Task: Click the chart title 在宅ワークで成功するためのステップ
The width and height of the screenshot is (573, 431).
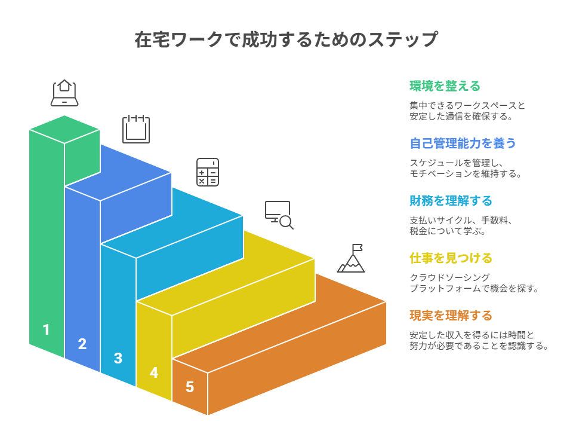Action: [286, 40]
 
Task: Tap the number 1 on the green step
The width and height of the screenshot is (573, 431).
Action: [47, 329]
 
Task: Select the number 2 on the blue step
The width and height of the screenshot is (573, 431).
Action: [82, 344]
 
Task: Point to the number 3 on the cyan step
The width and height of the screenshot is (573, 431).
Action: [118, 358]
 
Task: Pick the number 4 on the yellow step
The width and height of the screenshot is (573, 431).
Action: [154, 372]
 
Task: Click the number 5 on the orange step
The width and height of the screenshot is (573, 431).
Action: [190, 387]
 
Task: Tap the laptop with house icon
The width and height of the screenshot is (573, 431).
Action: [64, 93]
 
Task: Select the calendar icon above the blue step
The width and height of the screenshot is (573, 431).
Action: [136, 129]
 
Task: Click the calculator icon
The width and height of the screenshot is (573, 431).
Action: [208, 172]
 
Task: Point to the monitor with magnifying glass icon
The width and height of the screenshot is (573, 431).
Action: [279, 215]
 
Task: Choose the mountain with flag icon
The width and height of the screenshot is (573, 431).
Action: [352, 258]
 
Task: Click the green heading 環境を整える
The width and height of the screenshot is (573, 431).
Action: [445, 86]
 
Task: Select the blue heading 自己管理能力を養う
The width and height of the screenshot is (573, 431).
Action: [463, 143]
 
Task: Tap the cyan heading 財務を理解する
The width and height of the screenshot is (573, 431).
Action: [451, 201]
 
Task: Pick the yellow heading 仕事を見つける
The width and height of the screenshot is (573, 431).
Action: [451, 258]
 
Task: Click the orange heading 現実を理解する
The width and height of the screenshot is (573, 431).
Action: [451, 315]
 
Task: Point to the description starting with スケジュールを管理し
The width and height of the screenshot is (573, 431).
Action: [466, 168]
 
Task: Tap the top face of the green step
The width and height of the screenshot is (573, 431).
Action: [64, 129]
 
